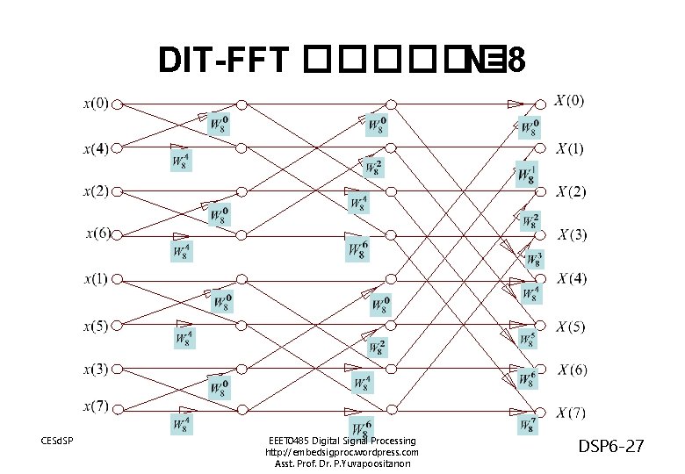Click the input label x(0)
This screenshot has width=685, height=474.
97,104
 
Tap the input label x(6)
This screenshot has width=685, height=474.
98,233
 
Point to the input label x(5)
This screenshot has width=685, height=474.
97,327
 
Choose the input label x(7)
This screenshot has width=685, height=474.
97,406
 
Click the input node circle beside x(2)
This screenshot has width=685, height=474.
117,190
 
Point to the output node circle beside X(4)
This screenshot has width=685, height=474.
542,280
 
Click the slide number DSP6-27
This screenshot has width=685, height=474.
610,448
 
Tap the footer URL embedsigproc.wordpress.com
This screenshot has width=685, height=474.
342,452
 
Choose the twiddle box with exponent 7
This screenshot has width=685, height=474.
527,424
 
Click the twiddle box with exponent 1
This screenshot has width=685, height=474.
527,174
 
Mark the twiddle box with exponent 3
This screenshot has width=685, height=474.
534,258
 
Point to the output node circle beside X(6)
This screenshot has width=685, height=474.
542,368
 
